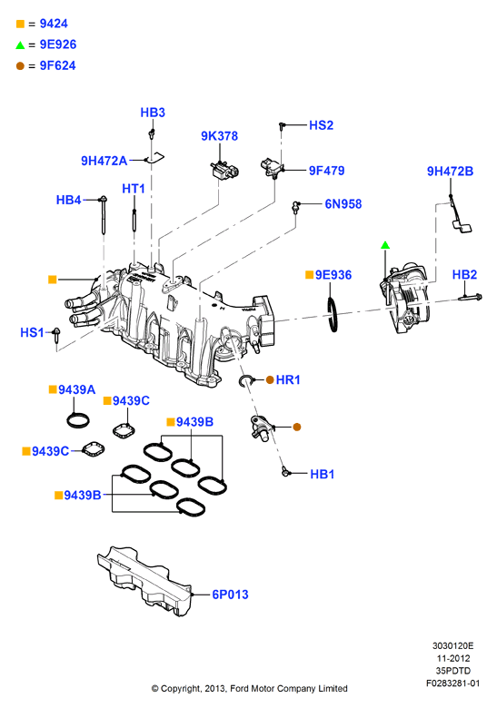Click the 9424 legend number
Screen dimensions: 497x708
(54, 24)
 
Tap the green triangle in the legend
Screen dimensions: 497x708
(20, 44)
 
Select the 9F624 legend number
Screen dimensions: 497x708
(58, 65)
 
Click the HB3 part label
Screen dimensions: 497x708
(153, 113)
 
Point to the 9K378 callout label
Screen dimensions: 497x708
(219, 136)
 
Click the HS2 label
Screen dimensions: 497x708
(322, 125)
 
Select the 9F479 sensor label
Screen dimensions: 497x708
(327, 171)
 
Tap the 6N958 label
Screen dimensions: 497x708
(343, 204)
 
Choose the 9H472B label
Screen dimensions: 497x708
(450, 172)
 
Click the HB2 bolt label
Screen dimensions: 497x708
(464, 274)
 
